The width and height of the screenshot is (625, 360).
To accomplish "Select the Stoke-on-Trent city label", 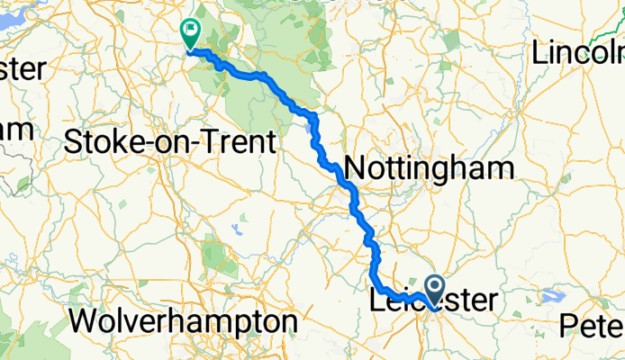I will [x=170, y=142].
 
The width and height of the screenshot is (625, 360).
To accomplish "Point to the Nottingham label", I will [x=429, y=168].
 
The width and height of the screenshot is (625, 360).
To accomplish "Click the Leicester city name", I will [x=433, y=301].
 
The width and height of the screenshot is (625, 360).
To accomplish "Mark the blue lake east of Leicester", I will [x=551, y=295].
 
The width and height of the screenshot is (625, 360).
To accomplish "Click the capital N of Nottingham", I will [x=355, y=168].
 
